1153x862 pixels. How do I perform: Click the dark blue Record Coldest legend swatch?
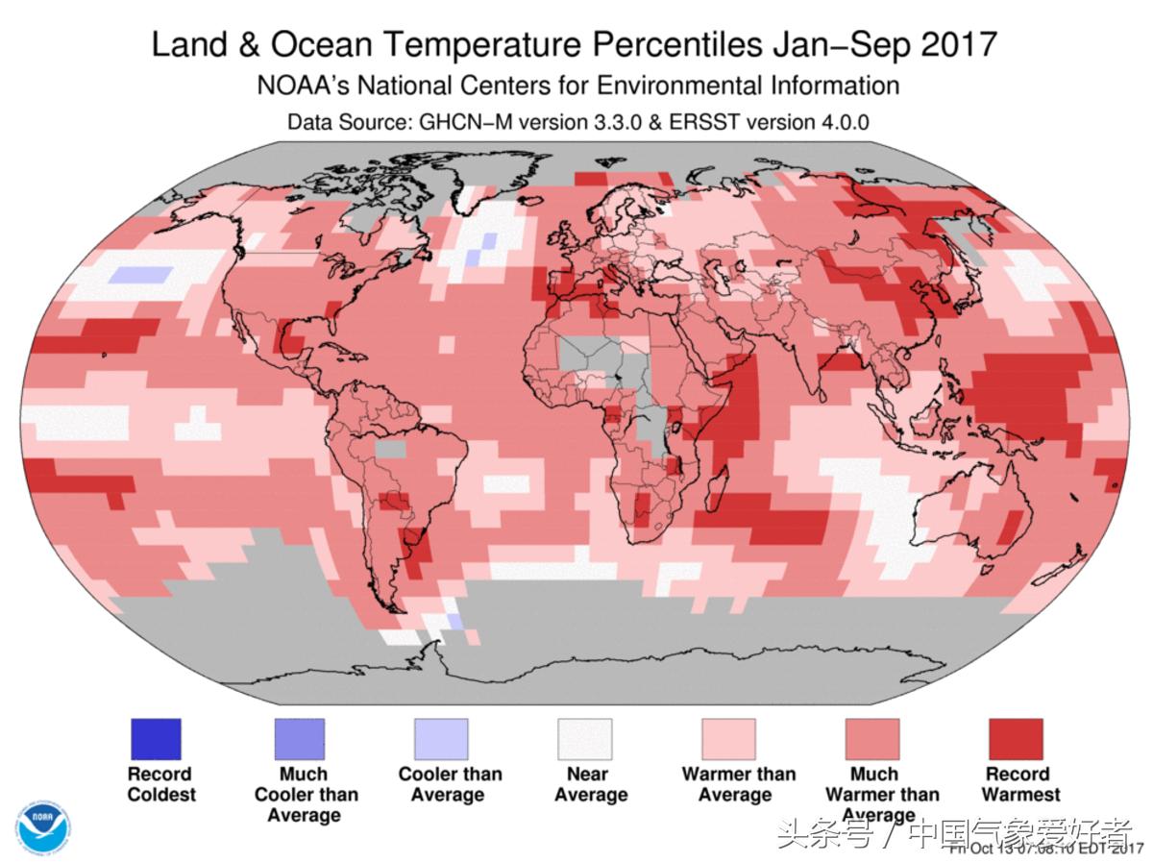pos(155,739)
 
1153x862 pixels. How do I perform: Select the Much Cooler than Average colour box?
pos(299,739)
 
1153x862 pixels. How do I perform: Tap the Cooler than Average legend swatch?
pos(441,739)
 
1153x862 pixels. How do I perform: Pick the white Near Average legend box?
pos(585,739)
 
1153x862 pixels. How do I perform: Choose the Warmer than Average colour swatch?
pos(728,739)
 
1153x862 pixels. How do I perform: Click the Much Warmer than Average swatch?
pos(872,739)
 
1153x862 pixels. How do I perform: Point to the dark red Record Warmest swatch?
pos(1016,739)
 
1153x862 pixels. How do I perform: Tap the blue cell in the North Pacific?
pos(139,275)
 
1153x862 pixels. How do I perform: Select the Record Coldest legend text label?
pos(160,784)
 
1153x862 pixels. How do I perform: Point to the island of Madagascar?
pos(715,491)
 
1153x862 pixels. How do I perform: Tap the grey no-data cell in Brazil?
pos(390,447)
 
